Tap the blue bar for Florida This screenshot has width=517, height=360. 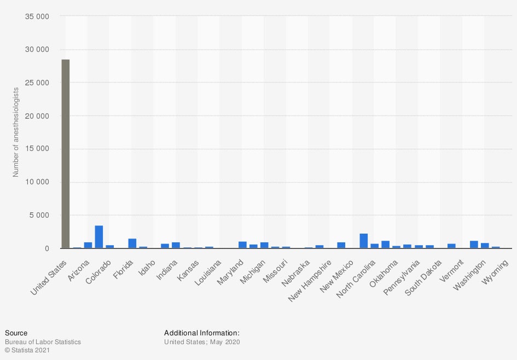(132, 243)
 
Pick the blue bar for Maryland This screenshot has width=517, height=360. (242, 245)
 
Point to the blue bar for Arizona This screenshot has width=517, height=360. (88, 245)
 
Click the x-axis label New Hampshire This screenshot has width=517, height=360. (311, 280)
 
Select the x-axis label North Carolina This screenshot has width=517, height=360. (356, 279)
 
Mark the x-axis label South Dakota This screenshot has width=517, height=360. (422, 278)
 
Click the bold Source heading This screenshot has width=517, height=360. (16, 333)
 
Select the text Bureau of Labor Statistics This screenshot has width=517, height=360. (43, 342)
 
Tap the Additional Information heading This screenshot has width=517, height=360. (202, 333)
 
